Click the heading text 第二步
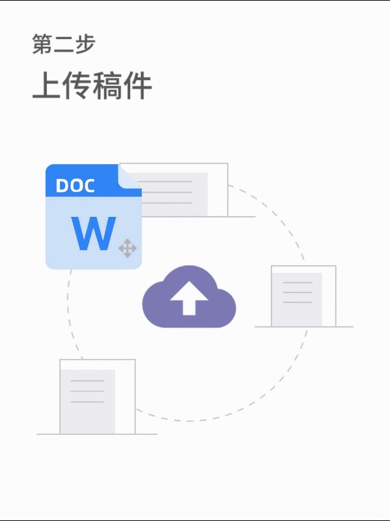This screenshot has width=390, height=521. [x=64, y=44]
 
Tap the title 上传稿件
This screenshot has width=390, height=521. [x=92, y=86]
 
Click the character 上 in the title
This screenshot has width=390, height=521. [x=46, y=86]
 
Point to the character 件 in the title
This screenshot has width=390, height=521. [x=138, y=86]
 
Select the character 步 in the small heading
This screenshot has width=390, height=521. [x=85, y=44]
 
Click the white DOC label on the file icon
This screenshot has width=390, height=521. [x=75, y=186]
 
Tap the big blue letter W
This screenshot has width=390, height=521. [x=94, y=233]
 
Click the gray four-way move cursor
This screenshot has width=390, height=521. [x=128, y=248]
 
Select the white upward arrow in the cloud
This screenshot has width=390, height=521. [x=189, y=298]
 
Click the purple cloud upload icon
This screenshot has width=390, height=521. [x=189, y=297]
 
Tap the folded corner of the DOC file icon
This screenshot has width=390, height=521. [x=130, y=176]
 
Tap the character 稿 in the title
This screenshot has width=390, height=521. [x=107, y=86]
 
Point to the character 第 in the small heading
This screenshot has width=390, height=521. [x=42, y=44]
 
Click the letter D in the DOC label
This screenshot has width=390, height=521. [x=62, y=186]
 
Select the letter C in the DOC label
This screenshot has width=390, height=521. [x=89, y=186]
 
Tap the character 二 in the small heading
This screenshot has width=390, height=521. [x=64, y=44]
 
